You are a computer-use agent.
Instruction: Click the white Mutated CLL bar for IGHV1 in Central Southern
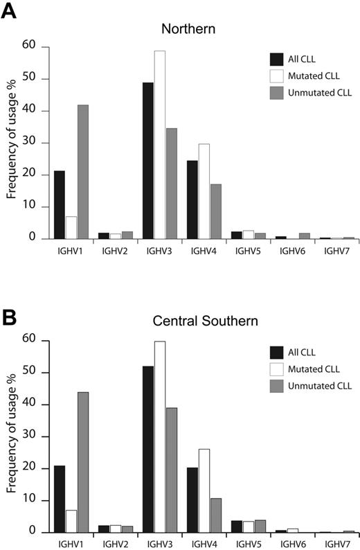tap(71, 521)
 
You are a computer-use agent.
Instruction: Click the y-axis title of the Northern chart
tap(12, 142)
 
